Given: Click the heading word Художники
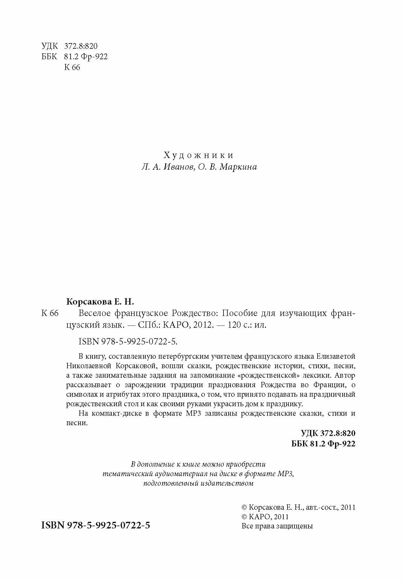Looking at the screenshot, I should point(199,155).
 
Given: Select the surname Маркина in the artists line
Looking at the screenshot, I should point(238,167).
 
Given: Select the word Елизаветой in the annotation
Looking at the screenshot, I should point(336,356).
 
